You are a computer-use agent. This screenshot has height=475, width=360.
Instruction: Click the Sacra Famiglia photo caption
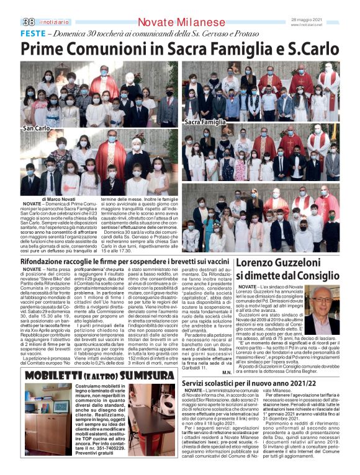click(x=205, y=122)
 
